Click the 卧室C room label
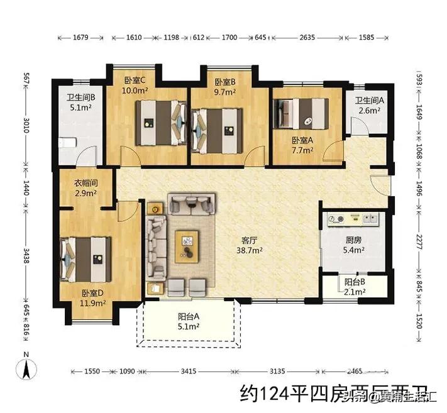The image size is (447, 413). point(135,80)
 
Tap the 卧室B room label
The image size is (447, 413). point(225,82)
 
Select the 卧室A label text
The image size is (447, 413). point(303,141)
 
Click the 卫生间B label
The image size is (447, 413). point(81,97)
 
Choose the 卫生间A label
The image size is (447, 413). point(369,101)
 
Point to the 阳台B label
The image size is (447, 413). point(355,282)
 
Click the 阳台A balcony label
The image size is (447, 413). point(189,317)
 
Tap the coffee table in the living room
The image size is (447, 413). point(187,243)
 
